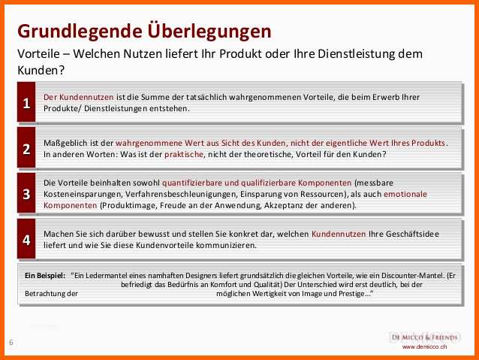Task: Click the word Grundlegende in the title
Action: [80, 32]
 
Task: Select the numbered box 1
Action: [26, 102]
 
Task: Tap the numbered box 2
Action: [26, 148]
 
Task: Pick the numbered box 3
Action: [26, 193]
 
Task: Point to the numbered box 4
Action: [26, 239]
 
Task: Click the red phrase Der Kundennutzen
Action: [79, 97]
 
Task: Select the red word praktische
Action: [184, 154]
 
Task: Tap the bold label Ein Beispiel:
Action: [45, 275]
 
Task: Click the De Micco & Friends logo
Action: [425, 337]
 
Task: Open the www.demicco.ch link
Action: [424, 347]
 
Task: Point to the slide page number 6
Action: [11, 342]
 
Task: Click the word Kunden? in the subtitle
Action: [41, 70]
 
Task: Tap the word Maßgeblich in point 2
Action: [63, 143]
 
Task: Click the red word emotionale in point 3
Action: [405, 194]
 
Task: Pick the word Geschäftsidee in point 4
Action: [412, 234]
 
